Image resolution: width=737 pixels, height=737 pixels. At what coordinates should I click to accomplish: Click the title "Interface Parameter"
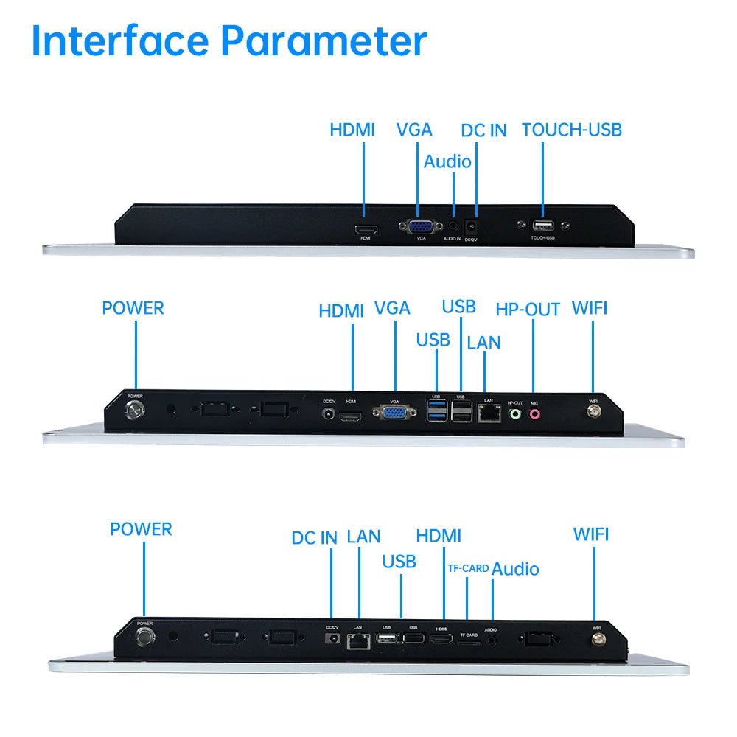tap(228, 42)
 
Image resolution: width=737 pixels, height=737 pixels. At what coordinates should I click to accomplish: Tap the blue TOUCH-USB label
tap(571, 130)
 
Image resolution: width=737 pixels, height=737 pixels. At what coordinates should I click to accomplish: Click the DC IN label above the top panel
tap(483, 131)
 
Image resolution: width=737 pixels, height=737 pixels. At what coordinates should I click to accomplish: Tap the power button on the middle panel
tap(135, 411)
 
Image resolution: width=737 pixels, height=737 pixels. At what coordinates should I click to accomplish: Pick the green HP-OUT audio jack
tap(515, 415)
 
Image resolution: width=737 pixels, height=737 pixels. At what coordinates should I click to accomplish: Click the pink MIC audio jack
tap(534, 415)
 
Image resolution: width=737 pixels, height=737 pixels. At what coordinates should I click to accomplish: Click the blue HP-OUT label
tap(528, 310)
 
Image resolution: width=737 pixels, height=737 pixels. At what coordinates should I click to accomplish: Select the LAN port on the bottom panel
tap(358, 640)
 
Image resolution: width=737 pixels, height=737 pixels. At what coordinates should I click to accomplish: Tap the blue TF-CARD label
tap(468, 569)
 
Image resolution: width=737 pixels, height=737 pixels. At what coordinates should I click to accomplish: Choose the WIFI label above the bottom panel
tap(591, 534)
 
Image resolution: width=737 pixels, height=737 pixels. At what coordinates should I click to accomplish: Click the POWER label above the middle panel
tap(133, 308)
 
